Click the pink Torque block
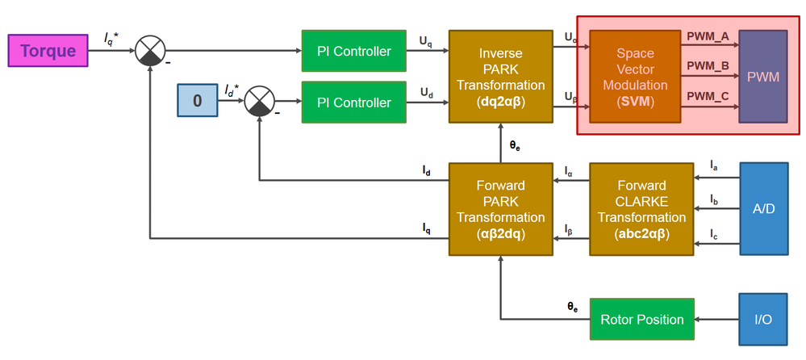48,51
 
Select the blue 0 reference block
197,103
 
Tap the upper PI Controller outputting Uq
353,52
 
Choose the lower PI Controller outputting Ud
353,103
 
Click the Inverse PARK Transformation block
500,77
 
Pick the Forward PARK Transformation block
500,209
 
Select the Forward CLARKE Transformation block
642,209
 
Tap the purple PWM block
762,77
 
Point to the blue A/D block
763,209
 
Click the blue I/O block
763,320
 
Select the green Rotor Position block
642,320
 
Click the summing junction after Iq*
149,52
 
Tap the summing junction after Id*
259,103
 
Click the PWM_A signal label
708,36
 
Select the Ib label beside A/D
714,199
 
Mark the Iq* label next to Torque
111,36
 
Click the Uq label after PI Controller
426,40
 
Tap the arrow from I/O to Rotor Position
717,320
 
